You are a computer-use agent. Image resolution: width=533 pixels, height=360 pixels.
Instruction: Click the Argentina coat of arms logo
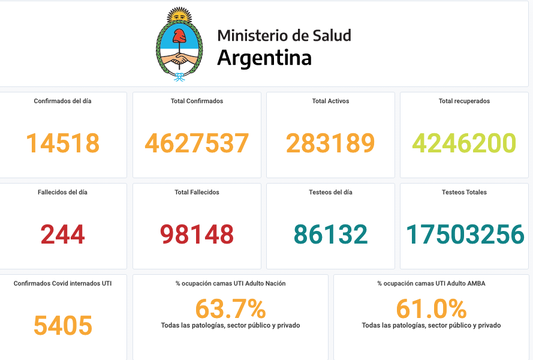click(x=179, y=45)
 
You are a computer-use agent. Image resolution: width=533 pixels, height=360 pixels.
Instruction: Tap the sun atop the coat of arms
click(x=179, y=16)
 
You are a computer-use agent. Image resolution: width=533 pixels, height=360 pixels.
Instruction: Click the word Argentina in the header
click(x=264, y=58)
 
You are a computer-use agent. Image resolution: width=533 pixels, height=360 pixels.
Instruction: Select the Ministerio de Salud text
click(x=284, y=35)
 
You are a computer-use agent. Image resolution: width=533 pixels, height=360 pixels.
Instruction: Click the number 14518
click(x=62, y=143)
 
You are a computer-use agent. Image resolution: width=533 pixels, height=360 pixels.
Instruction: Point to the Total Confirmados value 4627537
click(x=197, y=143)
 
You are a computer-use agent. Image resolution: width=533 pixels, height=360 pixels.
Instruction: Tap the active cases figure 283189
click(x=330, y=143)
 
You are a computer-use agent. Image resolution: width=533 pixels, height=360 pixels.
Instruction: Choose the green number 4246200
click(x=464, y=143)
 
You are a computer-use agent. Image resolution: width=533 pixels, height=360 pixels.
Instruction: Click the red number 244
click(x=62, y=235)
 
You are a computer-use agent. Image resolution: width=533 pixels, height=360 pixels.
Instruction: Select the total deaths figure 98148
click(x=197, y=235)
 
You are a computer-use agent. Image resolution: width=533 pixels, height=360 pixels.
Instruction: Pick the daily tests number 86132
click(x=330, y=235)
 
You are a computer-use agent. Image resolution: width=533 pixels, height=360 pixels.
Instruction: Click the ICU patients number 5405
click(x=62, y=326)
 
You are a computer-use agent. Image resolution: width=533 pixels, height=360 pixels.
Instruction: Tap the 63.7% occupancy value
click(x=230, y=309)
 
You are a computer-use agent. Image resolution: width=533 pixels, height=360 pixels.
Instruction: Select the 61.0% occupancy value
click(x=431, y=309)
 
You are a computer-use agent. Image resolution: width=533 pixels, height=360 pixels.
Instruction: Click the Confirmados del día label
click(x=62, y=101)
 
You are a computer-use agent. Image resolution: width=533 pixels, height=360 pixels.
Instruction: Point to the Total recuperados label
click(x=464, y=101)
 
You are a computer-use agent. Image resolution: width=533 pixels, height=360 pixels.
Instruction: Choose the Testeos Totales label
click(x=464, y=193)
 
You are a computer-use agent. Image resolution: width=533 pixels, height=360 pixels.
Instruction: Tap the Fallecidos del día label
click(x=62, y=193)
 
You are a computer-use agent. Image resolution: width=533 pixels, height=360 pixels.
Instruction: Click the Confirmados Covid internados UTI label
click(x=62, y=284)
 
